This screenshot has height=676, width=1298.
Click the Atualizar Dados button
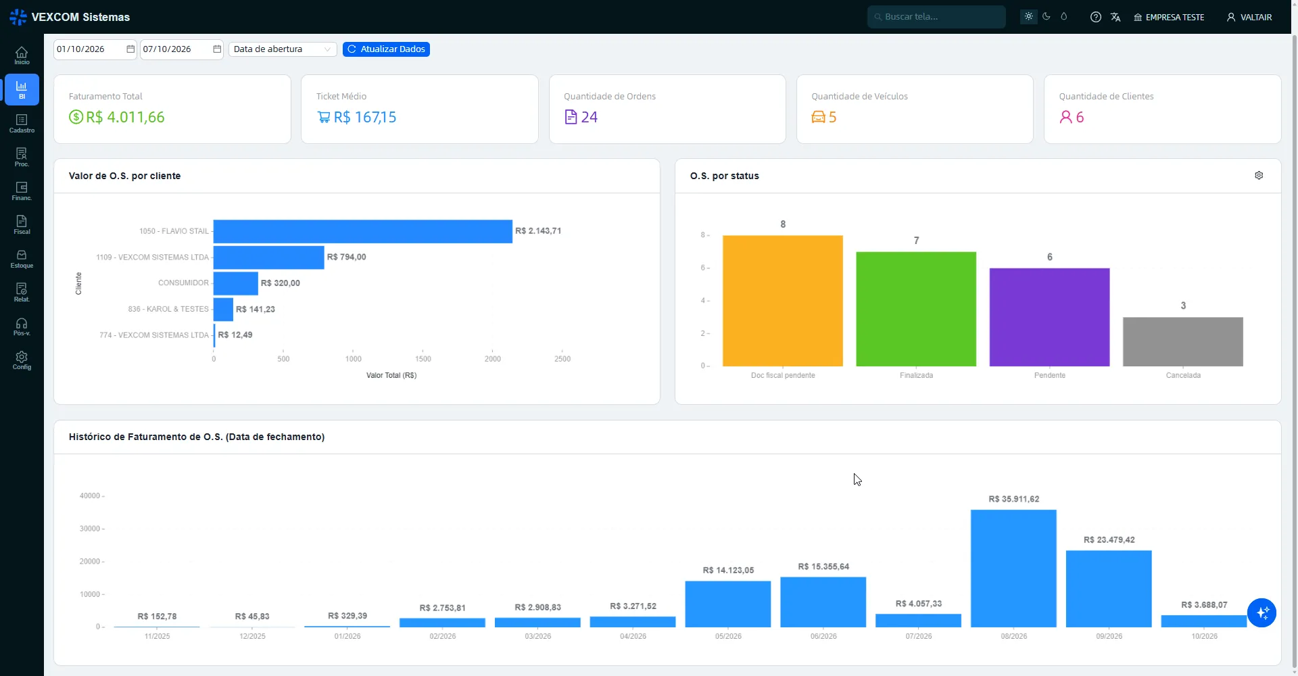tap(386, 49)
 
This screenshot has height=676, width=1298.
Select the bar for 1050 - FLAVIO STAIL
tap(363, 231)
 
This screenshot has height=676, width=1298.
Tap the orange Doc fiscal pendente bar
tap(783, 301)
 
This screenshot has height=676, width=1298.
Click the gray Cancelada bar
tap(1183, 341)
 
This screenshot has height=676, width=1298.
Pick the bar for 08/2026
tap(1013, 569)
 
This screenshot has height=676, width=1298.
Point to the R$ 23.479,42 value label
tap(1109, 539)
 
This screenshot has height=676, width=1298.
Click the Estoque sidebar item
tap(22, 259)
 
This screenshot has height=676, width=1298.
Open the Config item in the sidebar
tap(22, 360)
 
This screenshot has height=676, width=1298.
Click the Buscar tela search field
tap(936, 17)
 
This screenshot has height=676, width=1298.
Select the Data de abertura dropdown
tap(283, 49)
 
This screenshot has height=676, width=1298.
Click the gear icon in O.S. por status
tap(1259, 176)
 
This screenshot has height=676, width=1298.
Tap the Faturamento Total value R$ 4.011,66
tap(125, 117)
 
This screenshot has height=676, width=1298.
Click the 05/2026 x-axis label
tap(728, 636)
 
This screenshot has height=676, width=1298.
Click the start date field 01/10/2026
tap(95, 49)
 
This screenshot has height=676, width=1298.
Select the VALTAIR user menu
tap(1249, 17)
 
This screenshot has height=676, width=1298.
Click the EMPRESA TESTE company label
tap(1175, 18)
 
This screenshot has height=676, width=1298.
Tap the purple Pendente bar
tap(1050, 317)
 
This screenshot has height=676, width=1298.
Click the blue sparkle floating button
tap(1261, 613)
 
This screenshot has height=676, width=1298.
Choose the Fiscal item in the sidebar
tap(22, 225)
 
